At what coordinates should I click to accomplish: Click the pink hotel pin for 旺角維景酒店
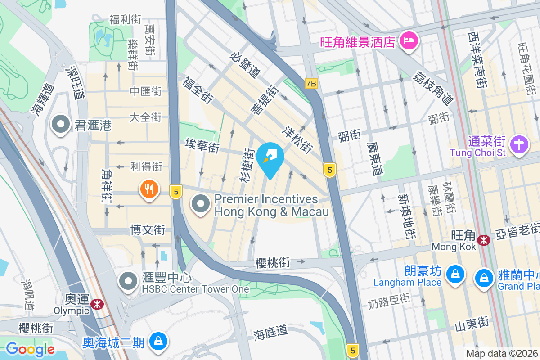(x=409, y=41)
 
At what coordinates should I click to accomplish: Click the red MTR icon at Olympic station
(x=96, y=304)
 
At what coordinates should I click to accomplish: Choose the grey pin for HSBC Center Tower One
(x=128, y=281)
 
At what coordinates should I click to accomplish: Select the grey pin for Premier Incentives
(x=201, y=204)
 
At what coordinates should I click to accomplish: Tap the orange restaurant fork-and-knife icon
(x=149, y=189)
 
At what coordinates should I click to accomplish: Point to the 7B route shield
(x=311, y=83)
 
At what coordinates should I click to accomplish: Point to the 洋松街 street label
(x=297, y=138)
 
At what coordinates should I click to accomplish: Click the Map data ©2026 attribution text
(x=502, y=353)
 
